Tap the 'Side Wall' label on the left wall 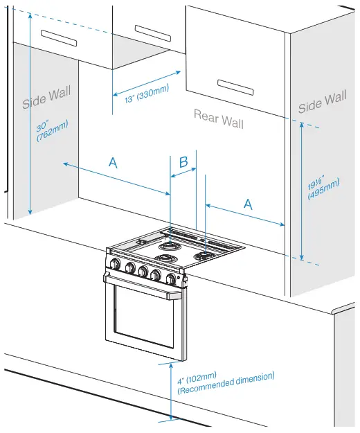46,98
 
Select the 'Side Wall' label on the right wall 322,103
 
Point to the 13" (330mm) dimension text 147,92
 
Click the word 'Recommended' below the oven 208,385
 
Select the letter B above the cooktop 183,162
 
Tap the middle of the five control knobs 143,271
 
